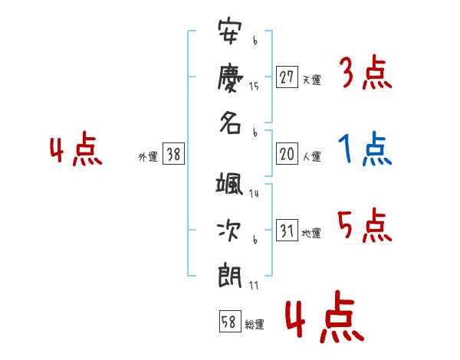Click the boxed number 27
[x=287, y=77]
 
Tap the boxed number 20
[x=287, y=154]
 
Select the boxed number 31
[x=287, y=231]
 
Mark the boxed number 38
[x=173, y=154]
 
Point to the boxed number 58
[x=229, y=322]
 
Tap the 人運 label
[x=311, y=157]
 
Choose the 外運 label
[x=148, y=157]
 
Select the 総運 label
[x=255, y=325]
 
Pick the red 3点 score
[x=364, y=74]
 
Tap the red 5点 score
[x=364, y=226]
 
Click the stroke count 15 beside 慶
[x=254, y=87]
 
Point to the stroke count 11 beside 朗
[x=253, y=286]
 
